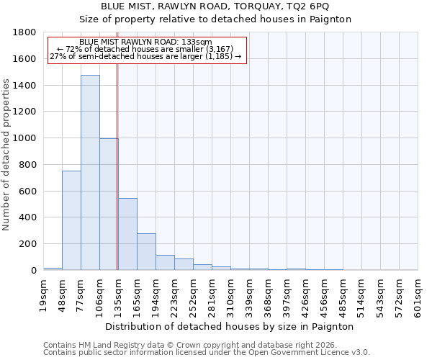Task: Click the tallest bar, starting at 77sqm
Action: pos(90,173)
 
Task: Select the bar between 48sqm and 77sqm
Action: pos(71,220)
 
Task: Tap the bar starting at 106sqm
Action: pos(109,204)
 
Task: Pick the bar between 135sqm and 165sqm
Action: pos(127,234)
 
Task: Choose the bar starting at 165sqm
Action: pos(146,252)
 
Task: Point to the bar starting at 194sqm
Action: pos(165,263)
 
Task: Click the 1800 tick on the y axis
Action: pos(24,32)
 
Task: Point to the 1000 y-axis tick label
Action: pos(24,138)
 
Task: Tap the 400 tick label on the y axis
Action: pos(27,217)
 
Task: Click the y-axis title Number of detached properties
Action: pos(7,151)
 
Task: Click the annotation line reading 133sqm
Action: pos(145,42)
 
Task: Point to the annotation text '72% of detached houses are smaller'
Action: pos(145,49)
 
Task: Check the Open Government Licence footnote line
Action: pos(207,353)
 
